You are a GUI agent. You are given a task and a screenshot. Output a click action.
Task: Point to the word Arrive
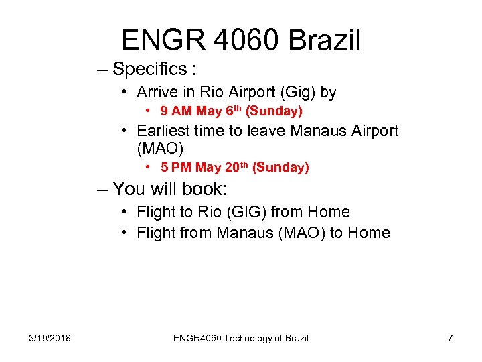point(156,92)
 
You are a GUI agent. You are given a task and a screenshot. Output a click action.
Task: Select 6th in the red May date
point(227,111)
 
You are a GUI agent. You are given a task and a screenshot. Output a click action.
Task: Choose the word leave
point(264,131)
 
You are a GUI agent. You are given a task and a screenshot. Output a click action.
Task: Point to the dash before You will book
point(102,189)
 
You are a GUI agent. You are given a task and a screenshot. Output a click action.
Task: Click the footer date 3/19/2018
point(51,338)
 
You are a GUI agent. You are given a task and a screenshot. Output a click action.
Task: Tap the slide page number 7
point(450,338)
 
